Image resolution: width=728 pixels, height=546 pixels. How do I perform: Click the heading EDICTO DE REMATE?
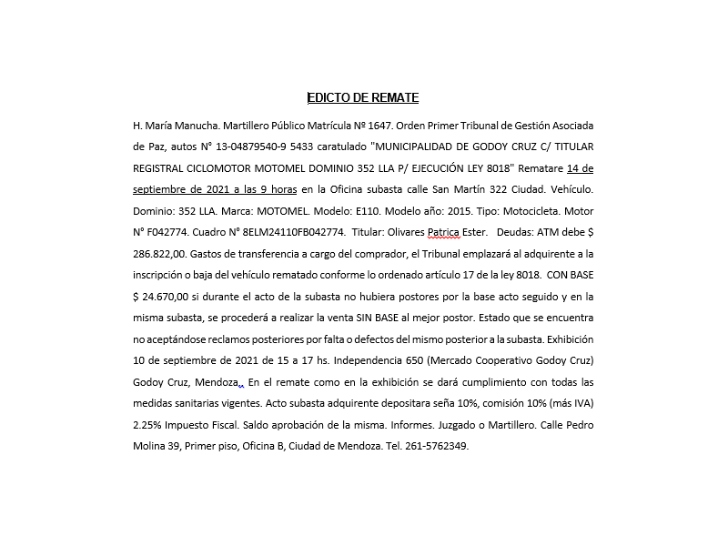363,98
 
